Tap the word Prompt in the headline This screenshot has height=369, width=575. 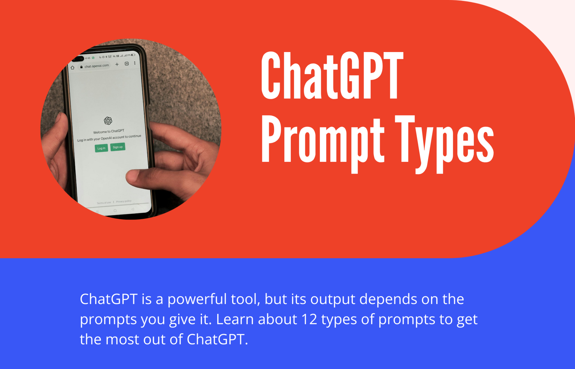pyautogui.click(x=323, y=141)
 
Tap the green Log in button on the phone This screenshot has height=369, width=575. pyautogui.click(x=101, y=148)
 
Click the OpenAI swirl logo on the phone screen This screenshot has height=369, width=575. pyautogui.click(x=108, y=121)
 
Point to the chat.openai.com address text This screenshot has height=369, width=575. pyautogui.click(x=97, y=66)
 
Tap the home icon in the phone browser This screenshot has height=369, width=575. pyautogui.click(x=72, y=67)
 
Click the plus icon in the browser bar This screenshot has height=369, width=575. pyautogui.click(x=117, y=64)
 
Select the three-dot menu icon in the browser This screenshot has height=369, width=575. pyautogui.click(x=135, y=63)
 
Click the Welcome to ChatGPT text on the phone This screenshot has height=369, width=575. pyautogui.click(x=109, y=131)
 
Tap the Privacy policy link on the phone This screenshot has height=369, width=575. pyautogui.click(x=124, y=201)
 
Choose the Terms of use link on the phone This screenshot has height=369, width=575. pyautogui.click(x=104, y=203)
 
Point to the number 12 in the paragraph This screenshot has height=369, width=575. pyautogui.click(x=309, y=319)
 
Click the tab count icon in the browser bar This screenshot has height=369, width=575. pyautogui.click(x=127, y=64)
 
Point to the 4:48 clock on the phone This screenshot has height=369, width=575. pyautogui.click(x=88, y=58)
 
